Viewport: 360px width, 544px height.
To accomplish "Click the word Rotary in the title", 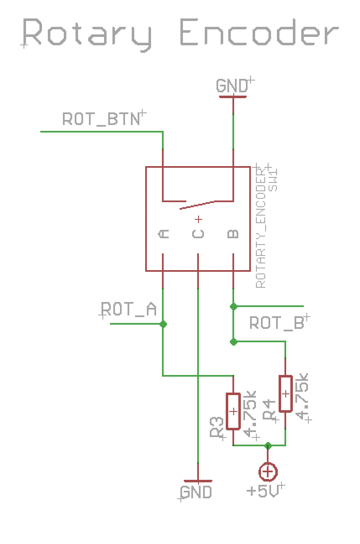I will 86,34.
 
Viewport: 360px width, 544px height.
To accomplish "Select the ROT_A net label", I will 129,310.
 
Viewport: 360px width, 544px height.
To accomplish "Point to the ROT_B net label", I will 277,323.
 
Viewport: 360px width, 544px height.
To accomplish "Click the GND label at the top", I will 232,86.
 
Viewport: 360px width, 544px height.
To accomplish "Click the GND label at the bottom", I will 196,492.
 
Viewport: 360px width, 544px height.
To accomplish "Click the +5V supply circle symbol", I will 268,472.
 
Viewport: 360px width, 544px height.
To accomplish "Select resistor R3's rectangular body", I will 233,411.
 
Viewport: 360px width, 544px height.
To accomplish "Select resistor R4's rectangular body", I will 285,393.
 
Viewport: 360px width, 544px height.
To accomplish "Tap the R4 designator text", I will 270,410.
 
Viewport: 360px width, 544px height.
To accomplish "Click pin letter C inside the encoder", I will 198,234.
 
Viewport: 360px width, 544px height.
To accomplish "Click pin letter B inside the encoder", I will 233,234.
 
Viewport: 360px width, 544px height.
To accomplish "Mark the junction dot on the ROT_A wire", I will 163,324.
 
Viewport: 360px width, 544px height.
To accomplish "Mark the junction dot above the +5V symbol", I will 268,445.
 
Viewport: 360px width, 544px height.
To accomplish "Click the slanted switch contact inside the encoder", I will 197,205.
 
